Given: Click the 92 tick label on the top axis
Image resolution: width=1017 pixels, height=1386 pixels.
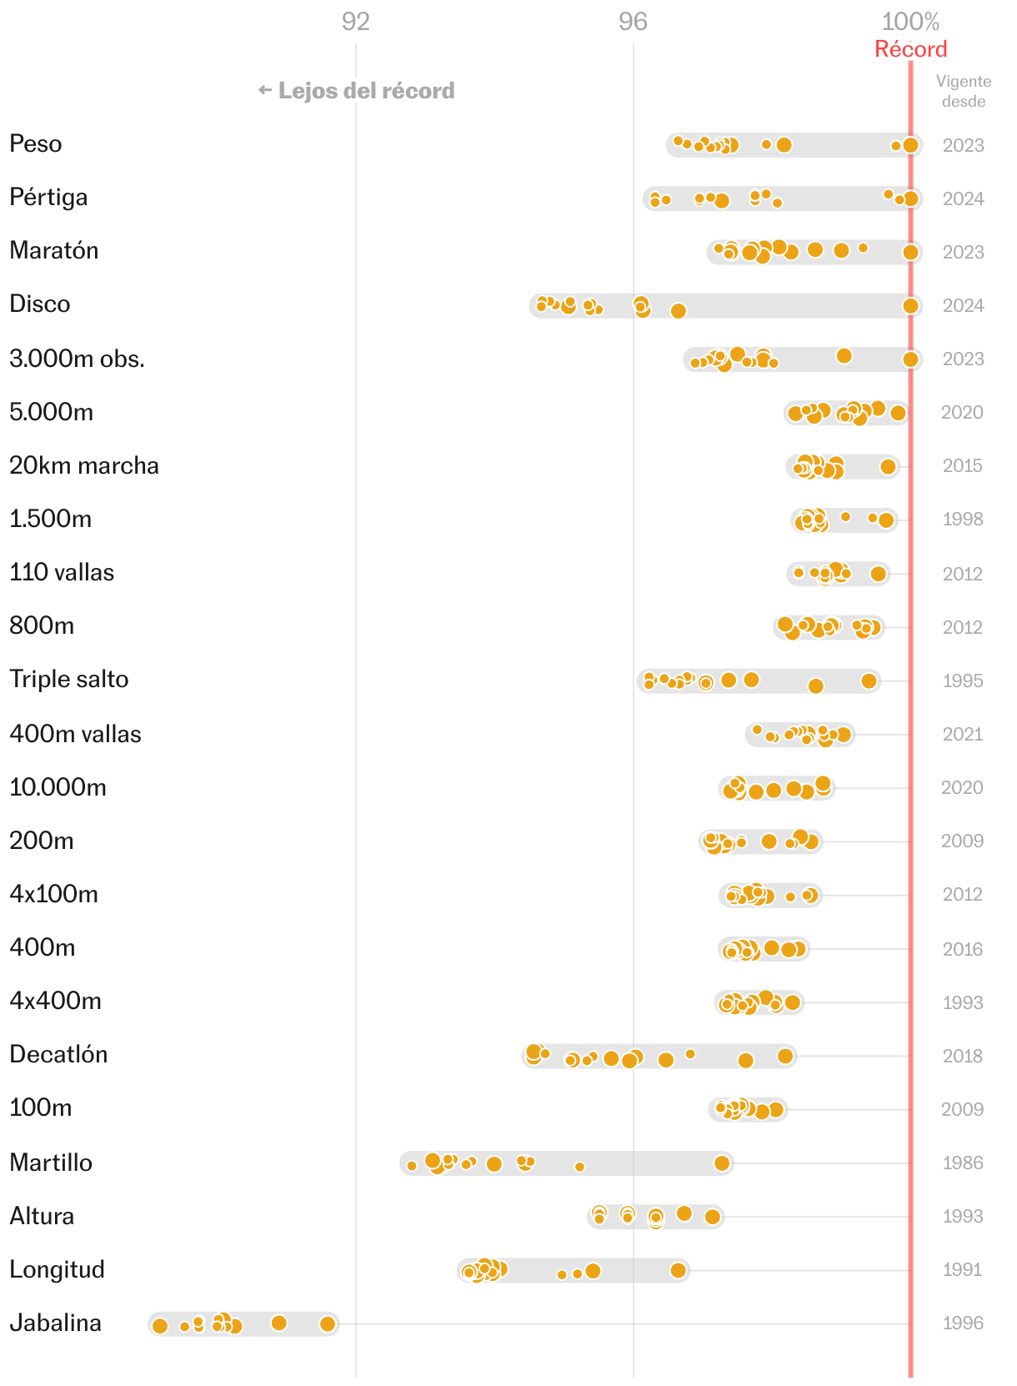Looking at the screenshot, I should click(355, 22).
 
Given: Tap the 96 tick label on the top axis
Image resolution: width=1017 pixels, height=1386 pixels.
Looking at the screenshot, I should click(633, 22).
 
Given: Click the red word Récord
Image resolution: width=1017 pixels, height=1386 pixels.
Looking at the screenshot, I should click(910, 49).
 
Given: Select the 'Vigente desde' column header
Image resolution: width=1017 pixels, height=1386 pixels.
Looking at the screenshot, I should click(963, 91).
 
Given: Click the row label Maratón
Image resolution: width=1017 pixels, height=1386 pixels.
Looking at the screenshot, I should click(54, 250).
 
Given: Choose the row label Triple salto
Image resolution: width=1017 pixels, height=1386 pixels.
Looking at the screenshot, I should click(69, 679).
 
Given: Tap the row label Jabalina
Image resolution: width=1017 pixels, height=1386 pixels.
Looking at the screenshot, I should click(56, 1323).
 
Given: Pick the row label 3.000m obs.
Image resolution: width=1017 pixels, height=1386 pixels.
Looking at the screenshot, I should click(78, 359).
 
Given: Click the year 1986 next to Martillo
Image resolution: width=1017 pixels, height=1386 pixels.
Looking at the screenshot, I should click(963, 1163).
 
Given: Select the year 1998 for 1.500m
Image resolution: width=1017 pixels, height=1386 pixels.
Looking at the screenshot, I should click(963, 519).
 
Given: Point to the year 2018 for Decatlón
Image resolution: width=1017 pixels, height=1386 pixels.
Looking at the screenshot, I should click(963, 1056).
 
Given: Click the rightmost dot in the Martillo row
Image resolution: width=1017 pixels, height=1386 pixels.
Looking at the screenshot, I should click(722, 1163).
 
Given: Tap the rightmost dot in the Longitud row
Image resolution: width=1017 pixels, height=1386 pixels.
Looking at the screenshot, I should click(679, 1270).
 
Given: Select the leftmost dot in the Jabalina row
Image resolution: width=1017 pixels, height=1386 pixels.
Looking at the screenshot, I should click(160, 1326).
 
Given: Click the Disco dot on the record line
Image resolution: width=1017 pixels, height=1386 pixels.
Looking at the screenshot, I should click(910, 306).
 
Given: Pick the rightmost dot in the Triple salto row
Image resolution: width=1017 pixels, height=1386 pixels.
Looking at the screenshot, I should click(869, 681).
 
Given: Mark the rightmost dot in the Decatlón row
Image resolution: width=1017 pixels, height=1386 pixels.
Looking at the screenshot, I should click(785, 1057).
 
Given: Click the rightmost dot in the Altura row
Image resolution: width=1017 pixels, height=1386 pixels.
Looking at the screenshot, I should click(712, 1217).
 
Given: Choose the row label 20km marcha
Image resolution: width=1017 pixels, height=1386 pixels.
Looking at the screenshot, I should click(84, 465).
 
